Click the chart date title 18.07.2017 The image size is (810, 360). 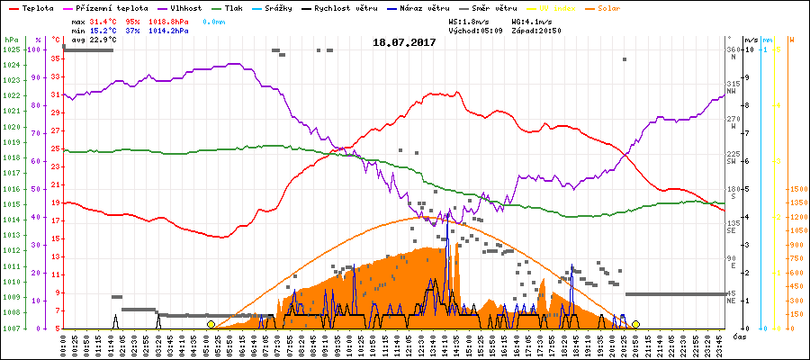pos(404,42)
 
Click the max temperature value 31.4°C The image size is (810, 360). pos(103,20)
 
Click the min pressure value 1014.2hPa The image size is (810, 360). pos(169,30)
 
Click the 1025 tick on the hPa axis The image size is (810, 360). pos(10,49)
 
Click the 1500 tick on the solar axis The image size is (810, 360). pos(796,190)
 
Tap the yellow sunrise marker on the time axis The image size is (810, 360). pos(211,324)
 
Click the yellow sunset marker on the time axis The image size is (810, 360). pos(635,324)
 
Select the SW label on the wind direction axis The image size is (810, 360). pos(734,161)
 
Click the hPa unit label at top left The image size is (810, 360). pos(10,40)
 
